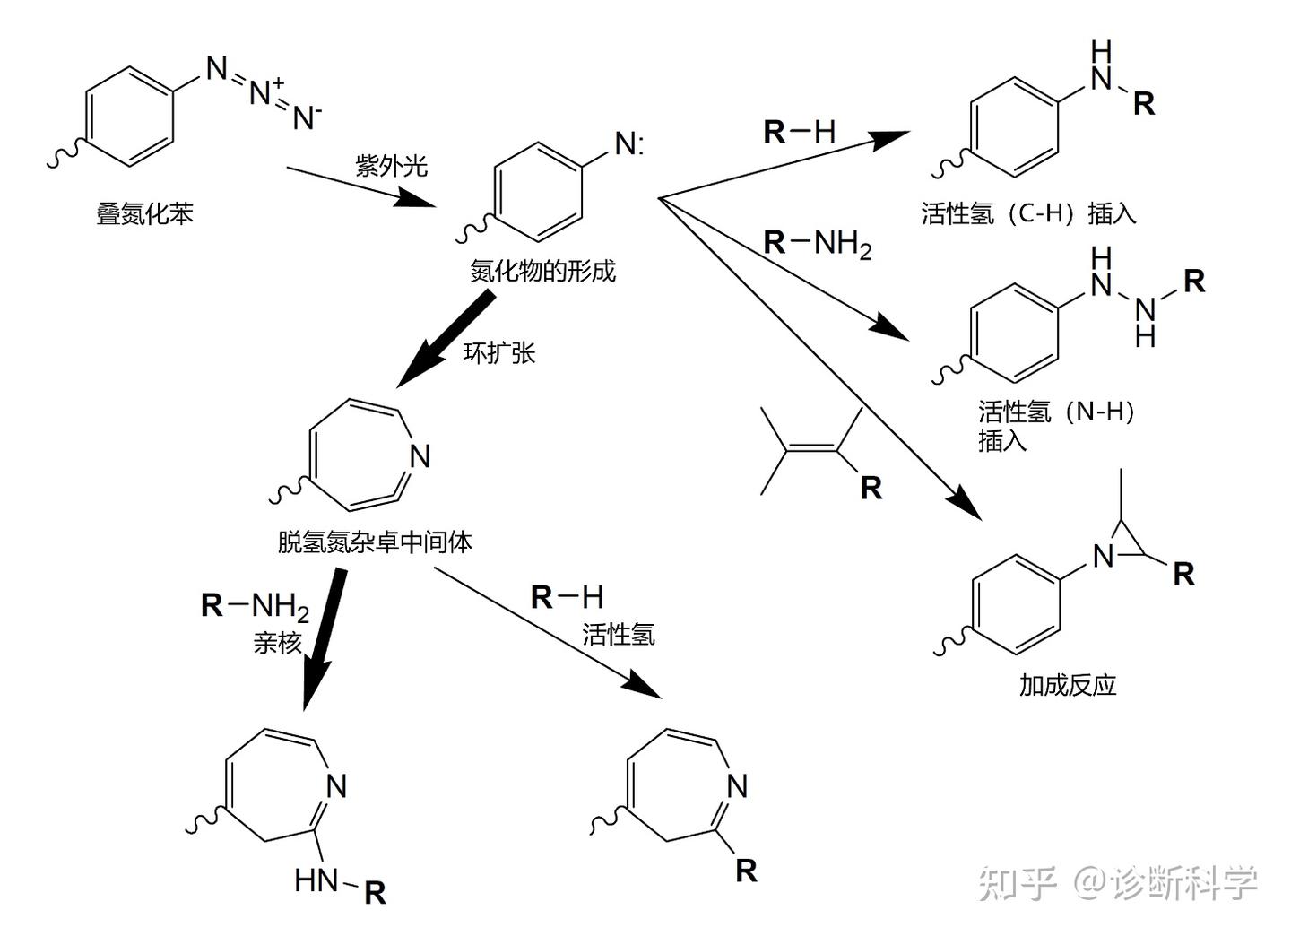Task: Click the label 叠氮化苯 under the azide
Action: (x=144, y=214)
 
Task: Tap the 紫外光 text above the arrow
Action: (x=392, y=166)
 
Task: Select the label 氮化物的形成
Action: (x=542, y=271)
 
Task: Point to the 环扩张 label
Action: (x=499, y=352)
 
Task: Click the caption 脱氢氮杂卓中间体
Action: (x=375, y=542)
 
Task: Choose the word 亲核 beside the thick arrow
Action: (x=277, y=643)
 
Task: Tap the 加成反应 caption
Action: (x=1067, y=685)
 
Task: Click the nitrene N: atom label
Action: (x=628, y=143)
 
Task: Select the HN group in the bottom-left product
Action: (x=316, y=881)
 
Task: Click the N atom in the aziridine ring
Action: (x=1104, y=557)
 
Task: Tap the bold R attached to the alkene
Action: (x=871, y=488)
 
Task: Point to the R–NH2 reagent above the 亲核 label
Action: (x=255, y=606)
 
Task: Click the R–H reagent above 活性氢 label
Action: (x=567, y=597)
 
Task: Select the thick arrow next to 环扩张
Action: (x=445, y=339)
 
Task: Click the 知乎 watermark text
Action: (x=1018, y=883)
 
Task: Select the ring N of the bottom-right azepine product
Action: (x=737, y=786)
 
